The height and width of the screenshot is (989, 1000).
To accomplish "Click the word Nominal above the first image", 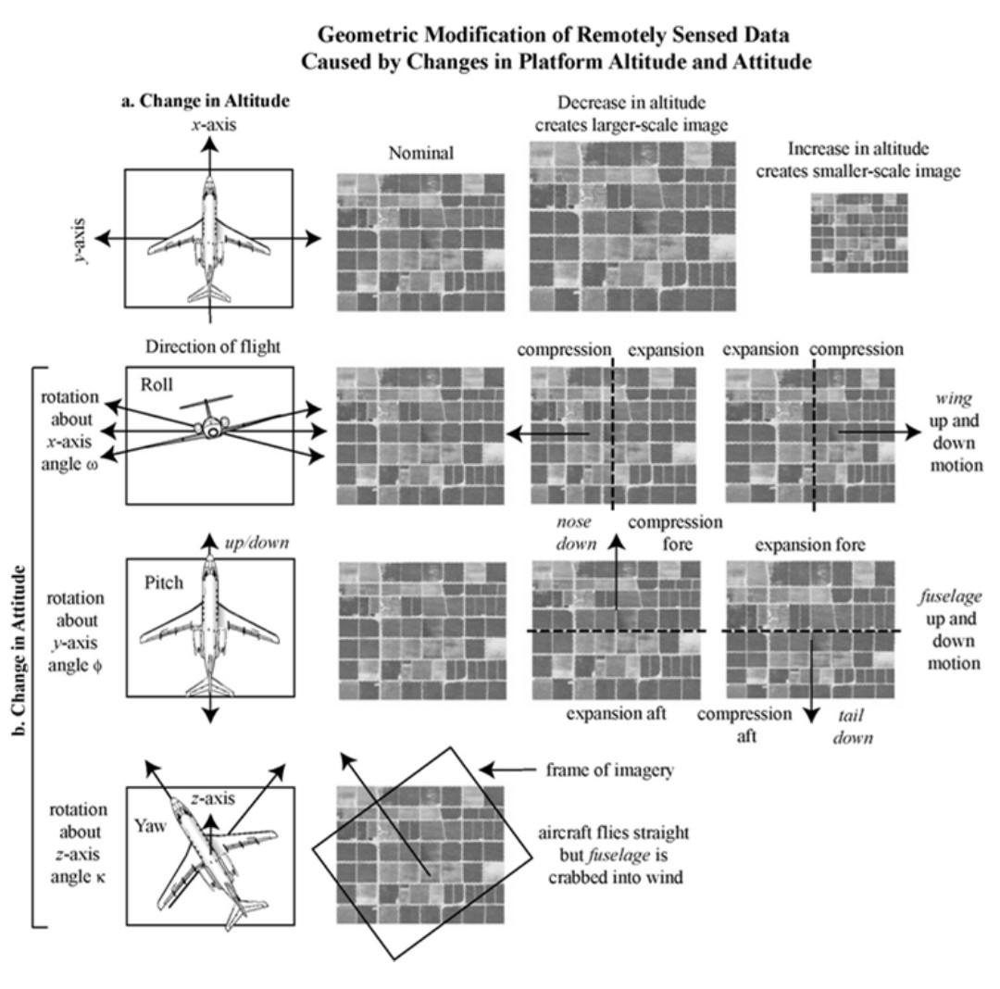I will pos(419,154).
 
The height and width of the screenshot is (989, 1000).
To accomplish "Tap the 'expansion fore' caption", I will pos(810,545).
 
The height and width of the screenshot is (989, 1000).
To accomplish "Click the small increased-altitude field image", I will pos(859,232).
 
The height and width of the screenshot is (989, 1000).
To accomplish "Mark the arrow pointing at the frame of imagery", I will pos(506,770).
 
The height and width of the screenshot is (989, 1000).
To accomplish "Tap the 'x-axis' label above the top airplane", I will pos(210,120).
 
